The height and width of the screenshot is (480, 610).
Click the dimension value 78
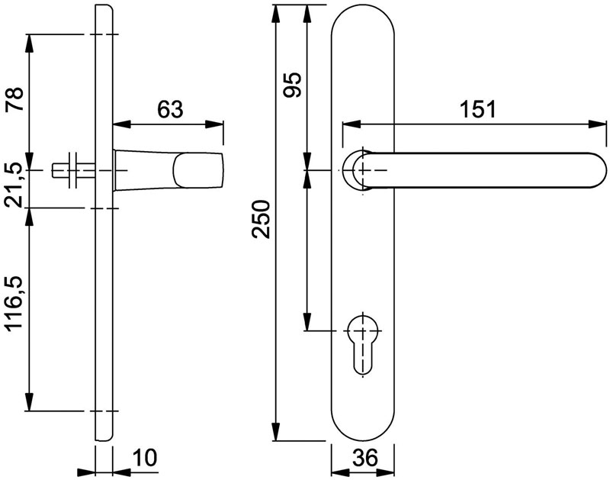tap(14, 99)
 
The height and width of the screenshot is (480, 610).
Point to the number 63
tap(170, 109)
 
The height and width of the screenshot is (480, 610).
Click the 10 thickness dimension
tap(144, 457)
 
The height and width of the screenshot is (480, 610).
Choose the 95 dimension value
tap(292, 85)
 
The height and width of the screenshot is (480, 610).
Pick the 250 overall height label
tap(260, 219)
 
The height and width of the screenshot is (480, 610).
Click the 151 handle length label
tap(478, 109)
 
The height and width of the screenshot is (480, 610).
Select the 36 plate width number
tap(365, 457)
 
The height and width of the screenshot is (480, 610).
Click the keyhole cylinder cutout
tap(363, 343)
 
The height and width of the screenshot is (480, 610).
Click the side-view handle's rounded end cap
tap(198, 170)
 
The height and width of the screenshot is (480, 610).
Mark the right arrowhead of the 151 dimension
tap(598, 124)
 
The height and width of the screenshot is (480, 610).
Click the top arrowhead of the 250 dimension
tap(276, 14)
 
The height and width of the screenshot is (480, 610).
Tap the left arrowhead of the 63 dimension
tap(121, 124)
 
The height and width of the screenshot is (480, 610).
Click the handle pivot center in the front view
tap(363, 170)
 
